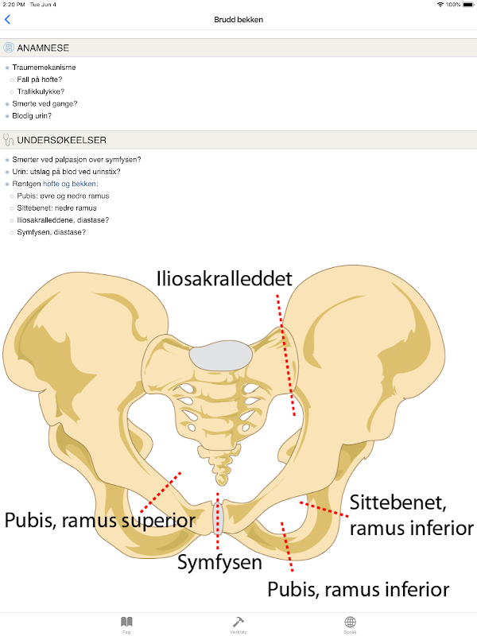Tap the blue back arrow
point(8,20)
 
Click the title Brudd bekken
point(238,20)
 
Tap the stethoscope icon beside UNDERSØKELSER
point(9,140)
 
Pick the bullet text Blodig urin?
point(33,115)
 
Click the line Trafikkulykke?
point(41,91)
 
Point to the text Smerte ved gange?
point(45,103)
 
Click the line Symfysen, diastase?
point(52,232)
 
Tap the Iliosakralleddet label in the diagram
point(223,278)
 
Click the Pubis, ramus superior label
point(99,521)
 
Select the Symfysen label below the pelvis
point(219,563)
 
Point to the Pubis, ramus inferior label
point(358,590)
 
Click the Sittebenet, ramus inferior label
point(411,515)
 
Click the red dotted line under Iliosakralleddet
point(285,354)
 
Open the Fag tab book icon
point(126,622)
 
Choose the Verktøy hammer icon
point(238,622)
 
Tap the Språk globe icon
point(350,622)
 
